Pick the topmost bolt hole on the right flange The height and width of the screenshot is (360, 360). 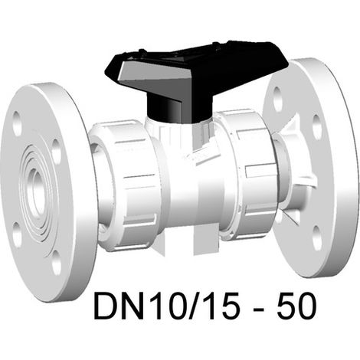(x=278, y=99)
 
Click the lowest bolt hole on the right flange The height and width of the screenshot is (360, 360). (x=316, y=237)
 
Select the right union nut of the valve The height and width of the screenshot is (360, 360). (x=247, y=174)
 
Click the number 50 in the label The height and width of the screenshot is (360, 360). (x=297, y=306)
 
